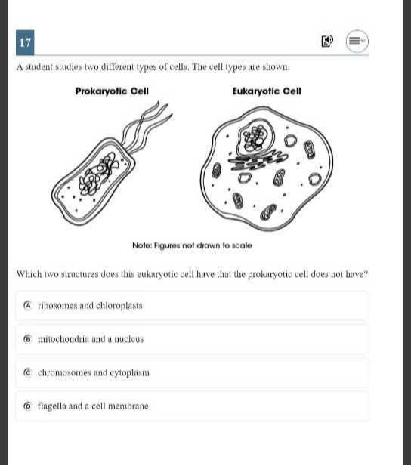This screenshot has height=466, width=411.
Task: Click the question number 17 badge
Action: pyautogui.click(x=25, y=43)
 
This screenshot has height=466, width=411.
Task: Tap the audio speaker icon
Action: pyautogui.click(x=326, y=42)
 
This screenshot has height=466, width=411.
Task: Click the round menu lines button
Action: pyautogui.click(x=357, y=42)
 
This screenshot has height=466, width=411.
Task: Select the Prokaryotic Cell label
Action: pyautogui.click(x=112, y=91)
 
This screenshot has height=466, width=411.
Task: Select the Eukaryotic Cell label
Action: pyautogui.click(x=267, y=91)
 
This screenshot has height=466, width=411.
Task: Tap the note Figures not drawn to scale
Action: pyautogui.click(x=192, y=245)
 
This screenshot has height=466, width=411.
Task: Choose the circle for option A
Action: pyautogui.click(x=28, y=306)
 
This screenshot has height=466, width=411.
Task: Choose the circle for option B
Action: pyautogui.click(x=28, y=339)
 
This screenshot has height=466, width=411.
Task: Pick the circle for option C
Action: pyautogui.click(x=28, y=372)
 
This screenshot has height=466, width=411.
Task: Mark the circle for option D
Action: pyautogui.click(x=28, y=406)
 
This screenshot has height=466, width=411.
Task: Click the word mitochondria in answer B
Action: pyautogui.click(x=64, y=339)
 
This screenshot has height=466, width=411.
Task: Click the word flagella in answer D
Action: pyautogui.click(x=52, y=406)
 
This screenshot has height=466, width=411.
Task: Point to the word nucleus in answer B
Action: pyautogui.click(x=128, y=339)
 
